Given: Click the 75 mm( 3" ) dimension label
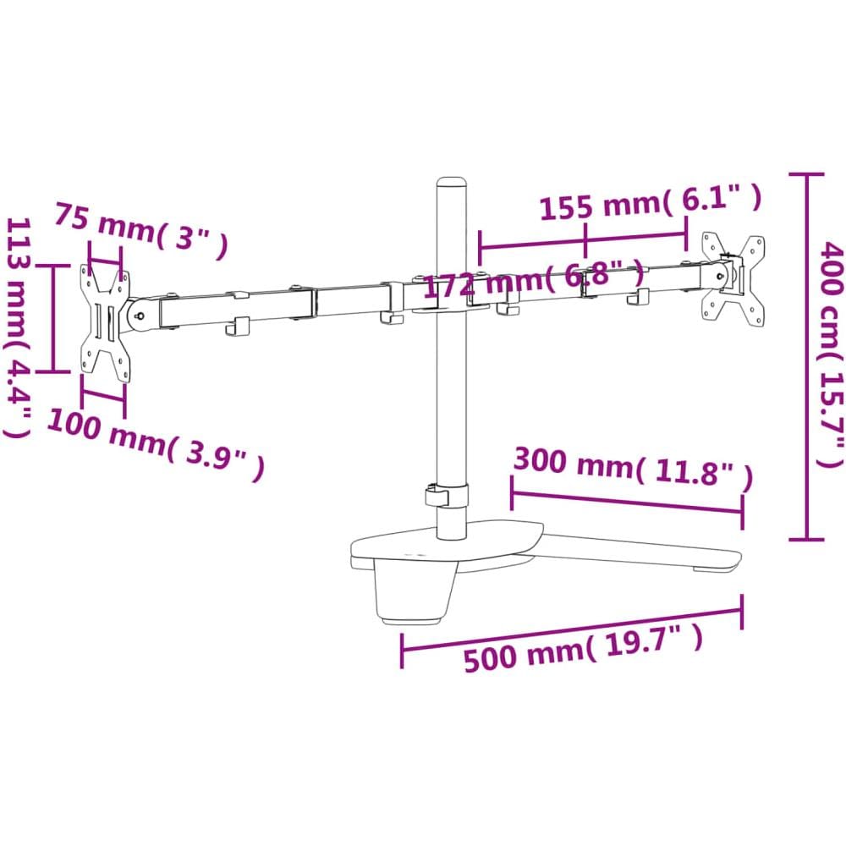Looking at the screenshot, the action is click(140, 230).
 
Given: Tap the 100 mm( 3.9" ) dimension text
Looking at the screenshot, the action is click(156, 444).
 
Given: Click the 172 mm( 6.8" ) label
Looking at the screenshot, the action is click(533, 279).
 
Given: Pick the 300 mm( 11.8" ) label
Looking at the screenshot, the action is click(632, 468).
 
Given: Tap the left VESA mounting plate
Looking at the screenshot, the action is click(105, 323).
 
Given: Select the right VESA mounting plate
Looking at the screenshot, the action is click(733, 282).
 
